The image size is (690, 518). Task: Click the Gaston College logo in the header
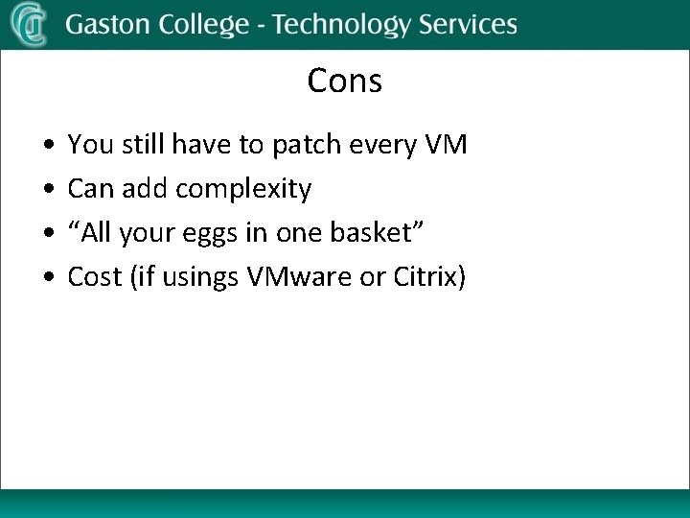pyautogui.click(x=29, y=24)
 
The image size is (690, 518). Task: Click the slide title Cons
pyautogui.click(x=344, y=82)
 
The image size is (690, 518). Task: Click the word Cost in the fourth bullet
pyautogui.click(x=95, y=277)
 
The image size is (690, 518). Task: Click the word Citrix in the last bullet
pyautogui.click(x=429, y=277)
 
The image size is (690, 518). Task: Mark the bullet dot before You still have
pyautogui.click(x=48, y=147)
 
